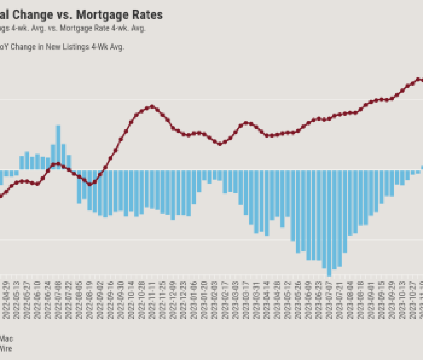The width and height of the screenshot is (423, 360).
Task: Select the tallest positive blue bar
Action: pyautogui.click(x=58, y=147)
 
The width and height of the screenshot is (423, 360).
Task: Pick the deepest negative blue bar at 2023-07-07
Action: pyautogui.click(x=330, y=223)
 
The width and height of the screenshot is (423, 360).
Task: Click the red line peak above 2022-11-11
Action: pyautogui.click(x=152, y=107)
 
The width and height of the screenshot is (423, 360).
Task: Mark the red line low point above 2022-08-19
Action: pyautogui.click(x=90, y=184)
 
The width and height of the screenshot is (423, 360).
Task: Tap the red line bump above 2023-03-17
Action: pyautogui.click(x=246, y=122)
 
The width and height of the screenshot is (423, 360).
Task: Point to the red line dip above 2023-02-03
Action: pyautogui.click(x=220, y=144)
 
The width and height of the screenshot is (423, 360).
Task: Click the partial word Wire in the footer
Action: pyautogui.click(x=6, y=349)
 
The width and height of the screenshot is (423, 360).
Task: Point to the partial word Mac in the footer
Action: pyautogui.click(x=6, y=339)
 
